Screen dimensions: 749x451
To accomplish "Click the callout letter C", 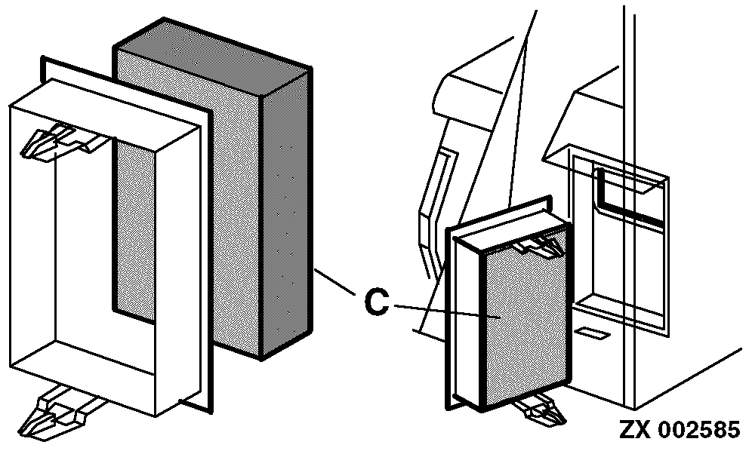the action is [x=377, y=302].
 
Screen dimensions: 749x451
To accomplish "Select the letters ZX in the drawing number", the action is [x=636, y=430].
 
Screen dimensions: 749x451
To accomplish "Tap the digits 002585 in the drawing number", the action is [x=700, y=430].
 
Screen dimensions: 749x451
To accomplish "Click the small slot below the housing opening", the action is [x=592, y=333].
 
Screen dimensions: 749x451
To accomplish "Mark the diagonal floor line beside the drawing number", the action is [x=689, y=379].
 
